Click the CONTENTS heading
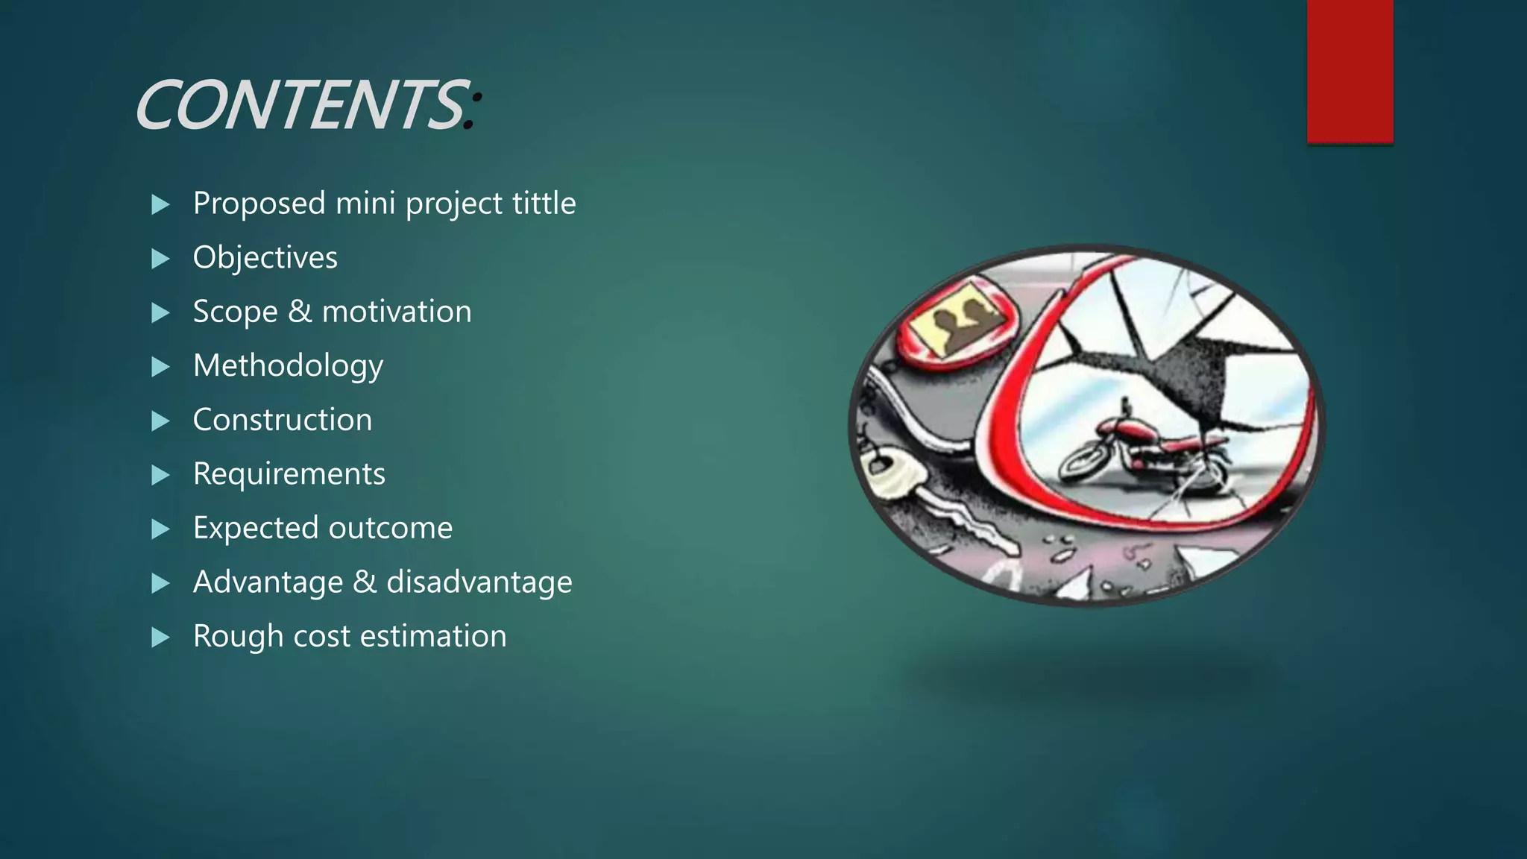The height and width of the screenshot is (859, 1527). (302, 106)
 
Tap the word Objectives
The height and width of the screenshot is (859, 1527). (265, 258)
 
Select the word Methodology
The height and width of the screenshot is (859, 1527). (288, 366)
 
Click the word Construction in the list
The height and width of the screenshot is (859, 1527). (282, 420)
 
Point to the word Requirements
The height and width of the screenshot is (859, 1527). (289, 474)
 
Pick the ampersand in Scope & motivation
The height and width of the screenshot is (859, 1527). (300, 312)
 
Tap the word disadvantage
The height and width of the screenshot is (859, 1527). (479, 582)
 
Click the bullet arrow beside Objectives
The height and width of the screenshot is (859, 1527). (160, 259)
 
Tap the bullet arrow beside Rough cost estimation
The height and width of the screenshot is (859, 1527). (160, 638)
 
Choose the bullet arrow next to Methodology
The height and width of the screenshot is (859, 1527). (160, 367)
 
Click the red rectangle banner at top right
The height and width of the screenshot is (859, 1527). (1350, 71)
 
